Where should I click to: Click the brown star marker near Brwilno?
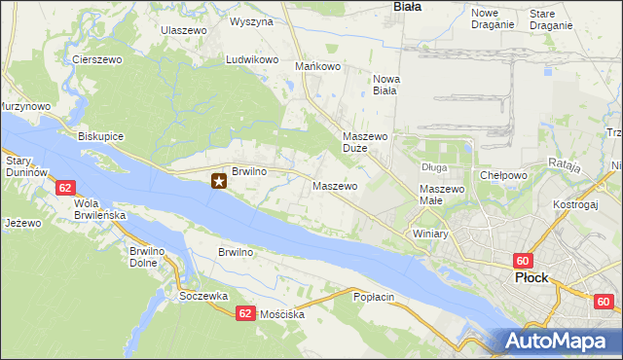[x=220, y=180]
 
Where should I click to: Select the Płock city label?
[x=531, y=277]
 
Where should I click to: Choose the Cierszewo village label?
[x=95, y=59]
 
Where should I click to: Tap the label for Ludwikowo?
[x=252, y=59]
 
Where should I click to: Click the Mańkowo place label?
[x=317, y=67]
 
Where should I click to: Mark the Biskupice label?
[x=100, y=136]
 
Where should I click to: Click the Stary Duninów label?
[x=26, y=165]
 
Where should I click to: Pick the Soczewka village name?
[x=203, y=295]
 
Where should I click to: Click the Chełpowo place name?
[x=503, y=175]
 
